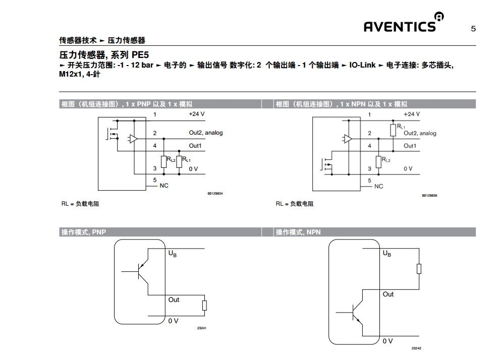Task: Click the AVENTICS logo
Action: point(404,23)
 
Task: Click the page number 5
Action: point(473,29)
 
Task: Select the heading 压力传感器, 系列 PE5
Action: point(104,55)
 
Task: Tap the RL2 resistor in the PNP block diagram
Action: point(164,161)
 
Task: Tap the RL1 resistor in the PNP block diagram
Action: point(179,161)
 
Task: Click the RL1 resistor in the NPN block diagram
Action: point(393,130)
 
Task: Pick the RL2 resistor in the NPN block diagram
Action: point(378,162)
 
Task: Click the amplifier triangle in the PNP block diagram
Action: point(133,139)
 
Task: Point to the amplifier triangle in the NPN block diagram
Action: point(348,139)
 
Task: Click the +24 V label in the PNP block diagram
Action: point(197,114)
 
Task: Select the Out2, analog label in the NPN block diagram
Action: point(420,133)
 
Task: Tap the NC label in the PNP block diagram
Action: point(164,186)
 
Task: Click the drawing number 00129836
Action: point(429,195)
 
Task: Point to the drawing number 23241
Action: point(202,328)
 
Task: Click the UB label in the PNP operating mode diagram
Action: point(173,254)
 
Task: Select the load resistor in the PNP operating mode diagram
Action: point(204,306)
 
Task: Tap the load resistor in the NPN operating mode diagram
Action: point(419,269)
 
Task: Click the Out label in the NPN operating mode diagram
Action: point(388,294)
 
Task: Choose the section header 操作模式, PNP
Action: point(84,232)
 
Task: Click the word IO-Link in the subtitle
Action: point(362,65)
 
